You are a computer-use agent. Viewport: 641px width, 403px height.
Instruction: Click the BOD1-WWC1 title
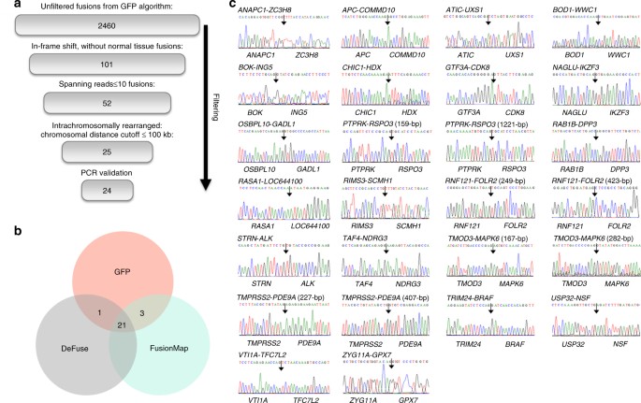pos(574,9)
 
